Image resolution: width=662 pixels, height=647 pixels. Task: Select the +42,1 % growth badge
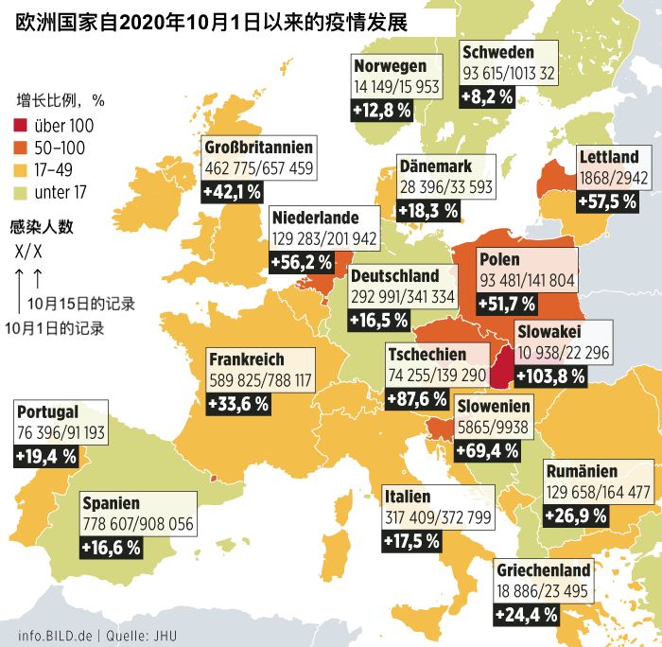(233, 193)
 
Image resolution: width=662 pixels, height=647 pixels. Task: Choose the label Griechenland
(543, 569)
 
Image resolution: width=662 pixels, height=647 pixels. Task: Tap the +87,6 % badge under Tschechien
(417, 398)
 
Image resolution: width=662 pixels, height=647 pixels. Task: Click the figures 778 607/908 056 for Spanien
(138, 525)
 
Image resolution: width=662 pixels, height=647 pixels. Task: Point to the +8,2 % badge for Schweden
(487, 96)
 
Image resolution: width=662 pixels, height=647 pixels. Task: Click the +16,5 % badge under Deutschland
(379, 319)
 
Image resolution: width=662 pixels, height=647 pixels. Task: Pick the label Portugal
(47, 412)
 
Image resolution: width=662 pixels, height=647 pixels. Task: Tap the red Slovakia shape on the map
(501, 368)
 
